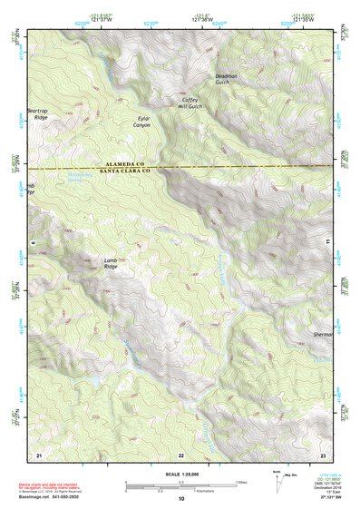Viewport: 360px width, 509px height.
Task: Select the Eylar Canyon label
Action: (x=143, y=121)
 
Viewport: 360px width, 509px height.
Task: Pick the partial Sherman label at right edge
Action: (x=322, y=335)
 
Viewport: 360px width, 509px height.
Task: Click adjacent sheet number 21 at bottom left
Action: (x=38, y=454)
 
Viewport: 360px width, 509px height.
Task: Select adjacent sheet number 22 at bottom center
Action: (x=180, y=454)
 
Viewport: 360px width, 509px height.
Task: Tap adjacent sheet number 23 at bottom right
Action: (x=322, y=454)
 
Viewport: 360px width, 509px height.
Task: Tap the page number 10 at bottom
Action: (x=180, y=499)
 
